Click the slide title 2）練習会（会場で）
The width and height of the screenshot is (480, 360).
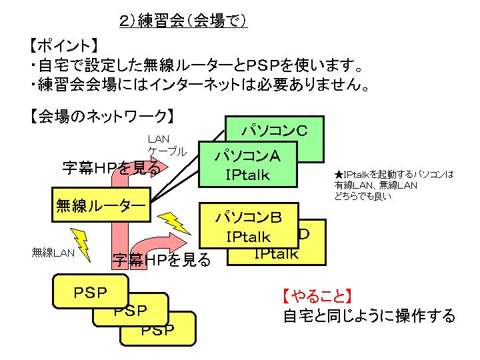[x=183, y=21]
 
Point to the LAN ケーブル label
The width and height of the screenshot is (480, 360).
[x=166, y=145]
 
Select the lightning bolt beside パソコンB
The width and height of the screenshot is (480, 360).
[x=176, y=223]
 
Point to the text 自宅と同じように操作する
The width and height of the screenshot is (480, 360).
[x=369, y=315]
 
